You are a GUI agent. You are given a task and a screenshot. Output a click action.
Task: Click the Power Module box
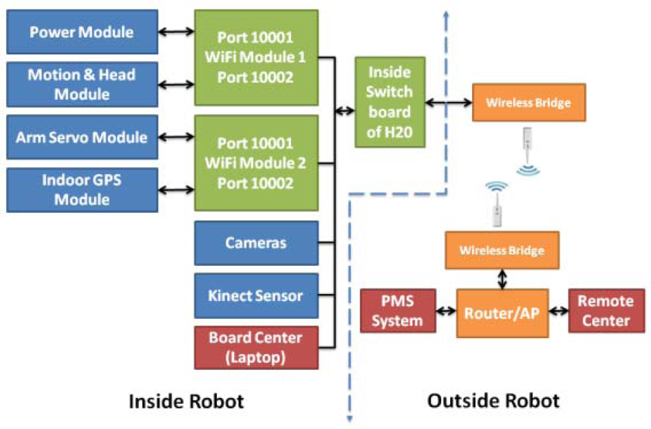81,32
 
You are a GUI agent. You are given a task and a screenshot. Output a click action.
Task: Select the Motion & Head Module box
81,84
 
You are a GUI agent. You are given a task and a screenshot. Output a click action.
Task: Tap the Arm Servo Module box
81,137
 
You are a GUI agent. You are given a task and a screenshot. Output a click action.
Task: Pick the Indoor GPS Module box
81,189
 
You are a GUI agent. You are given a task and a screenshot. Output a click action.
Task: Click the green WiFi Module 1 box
256,58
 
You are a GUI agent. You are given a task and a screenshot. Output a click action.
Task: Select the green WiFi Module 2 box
256,163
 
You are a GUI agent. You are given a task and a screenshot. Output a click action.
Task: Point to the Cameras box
256,242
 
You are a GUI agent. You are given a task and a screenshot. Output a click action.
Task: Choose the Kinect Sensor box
256,295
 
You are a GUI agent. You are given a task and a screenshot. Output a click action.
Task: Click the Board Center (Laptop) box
256,347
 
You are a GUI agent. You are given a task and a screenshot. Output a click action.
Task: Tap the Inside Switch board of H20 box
389,102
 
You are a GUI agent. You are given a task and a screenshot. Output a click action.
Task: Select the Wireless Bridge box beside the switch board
529,103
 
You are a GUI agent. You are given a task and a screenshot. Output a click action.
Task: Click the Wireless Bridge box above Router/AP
502,250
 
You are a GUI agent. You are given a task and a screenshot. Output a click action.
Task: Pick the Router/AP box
502,313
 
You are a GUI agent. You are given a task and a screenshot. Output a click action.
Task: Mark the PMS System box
399,311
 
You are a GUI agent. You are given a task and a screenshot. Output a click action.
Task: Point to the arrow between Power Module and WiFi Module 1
175,32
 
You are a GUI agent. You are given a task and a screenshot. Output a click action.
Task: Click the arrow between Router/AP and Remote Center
559,311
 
